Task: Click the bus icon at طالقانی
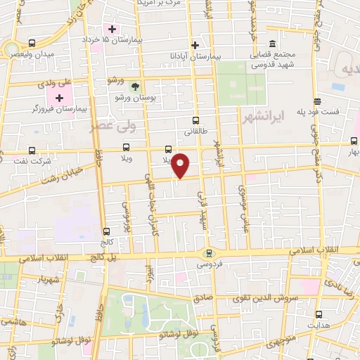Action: pyautogui.click(x=195, y=120)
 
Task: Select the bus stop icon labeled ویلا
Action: pyautogui.click(x=127, y=147)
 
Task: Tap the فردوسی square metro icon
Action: pyautogui.click(x=207, y=253)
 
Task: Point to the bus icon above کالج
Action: pyautogui.click(x=106, y=231)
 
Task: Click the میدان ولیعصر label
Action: pyautogui.click(x=35, y=55)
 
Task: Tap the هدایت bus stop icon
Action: pyautogui.click(x=320, y=314)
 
